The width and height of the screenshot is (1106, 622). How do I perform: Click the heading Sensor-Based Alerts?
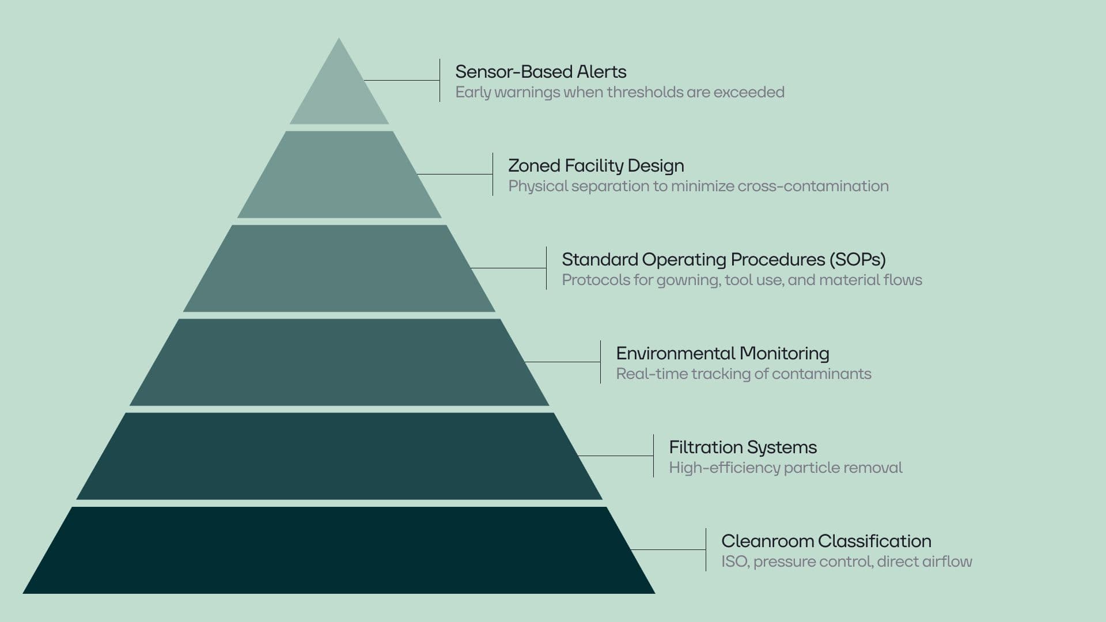540,71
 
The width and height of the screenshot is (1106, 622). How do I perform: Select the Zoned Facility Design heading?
596,166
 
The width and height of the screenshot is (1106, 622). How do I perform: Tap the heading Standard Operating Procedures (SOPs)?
724,260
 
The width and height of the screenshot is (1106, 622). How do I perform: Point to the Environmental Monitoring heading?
722,353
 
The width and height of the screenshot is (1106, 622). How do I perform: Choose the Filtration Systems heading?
743,447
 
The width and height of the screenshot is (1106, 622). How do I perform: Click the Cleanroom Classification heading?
826,541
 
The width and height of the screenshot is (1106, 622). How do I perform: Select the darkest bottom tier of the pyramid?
339,550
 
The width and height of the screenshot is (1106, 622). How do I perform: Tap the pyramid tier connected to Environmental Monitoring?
339,362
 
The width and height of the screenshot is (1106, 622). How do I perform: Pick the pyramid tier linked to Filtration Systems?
339,456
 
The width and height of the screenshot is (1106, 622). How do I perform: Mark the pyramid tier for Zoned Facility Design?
339,175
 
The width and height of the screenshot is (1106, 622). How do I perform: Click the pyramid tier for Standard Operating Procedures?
339,268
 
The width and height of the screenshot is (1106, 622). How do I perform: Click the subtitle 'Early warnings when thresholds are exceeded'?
620,92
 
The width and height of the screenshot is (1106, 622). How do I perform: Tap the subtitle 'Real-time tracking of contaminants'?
743,374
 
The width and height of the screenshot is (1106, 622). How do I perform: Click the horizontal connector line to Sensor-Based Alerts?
402,81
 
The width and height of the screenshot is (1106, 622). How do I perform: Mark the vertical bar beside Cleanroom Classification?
706,549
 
